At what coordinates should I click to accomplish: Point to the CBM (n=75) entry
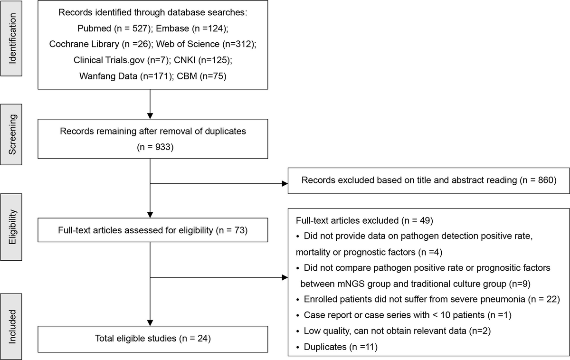[195, 76]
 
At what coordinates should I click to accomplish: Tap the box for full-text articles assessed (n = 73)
[150, 230]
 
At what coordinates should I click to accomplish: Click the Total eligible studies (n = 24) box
[150, 339]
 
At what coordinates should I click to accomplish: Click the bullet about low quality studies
[380, 331]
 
